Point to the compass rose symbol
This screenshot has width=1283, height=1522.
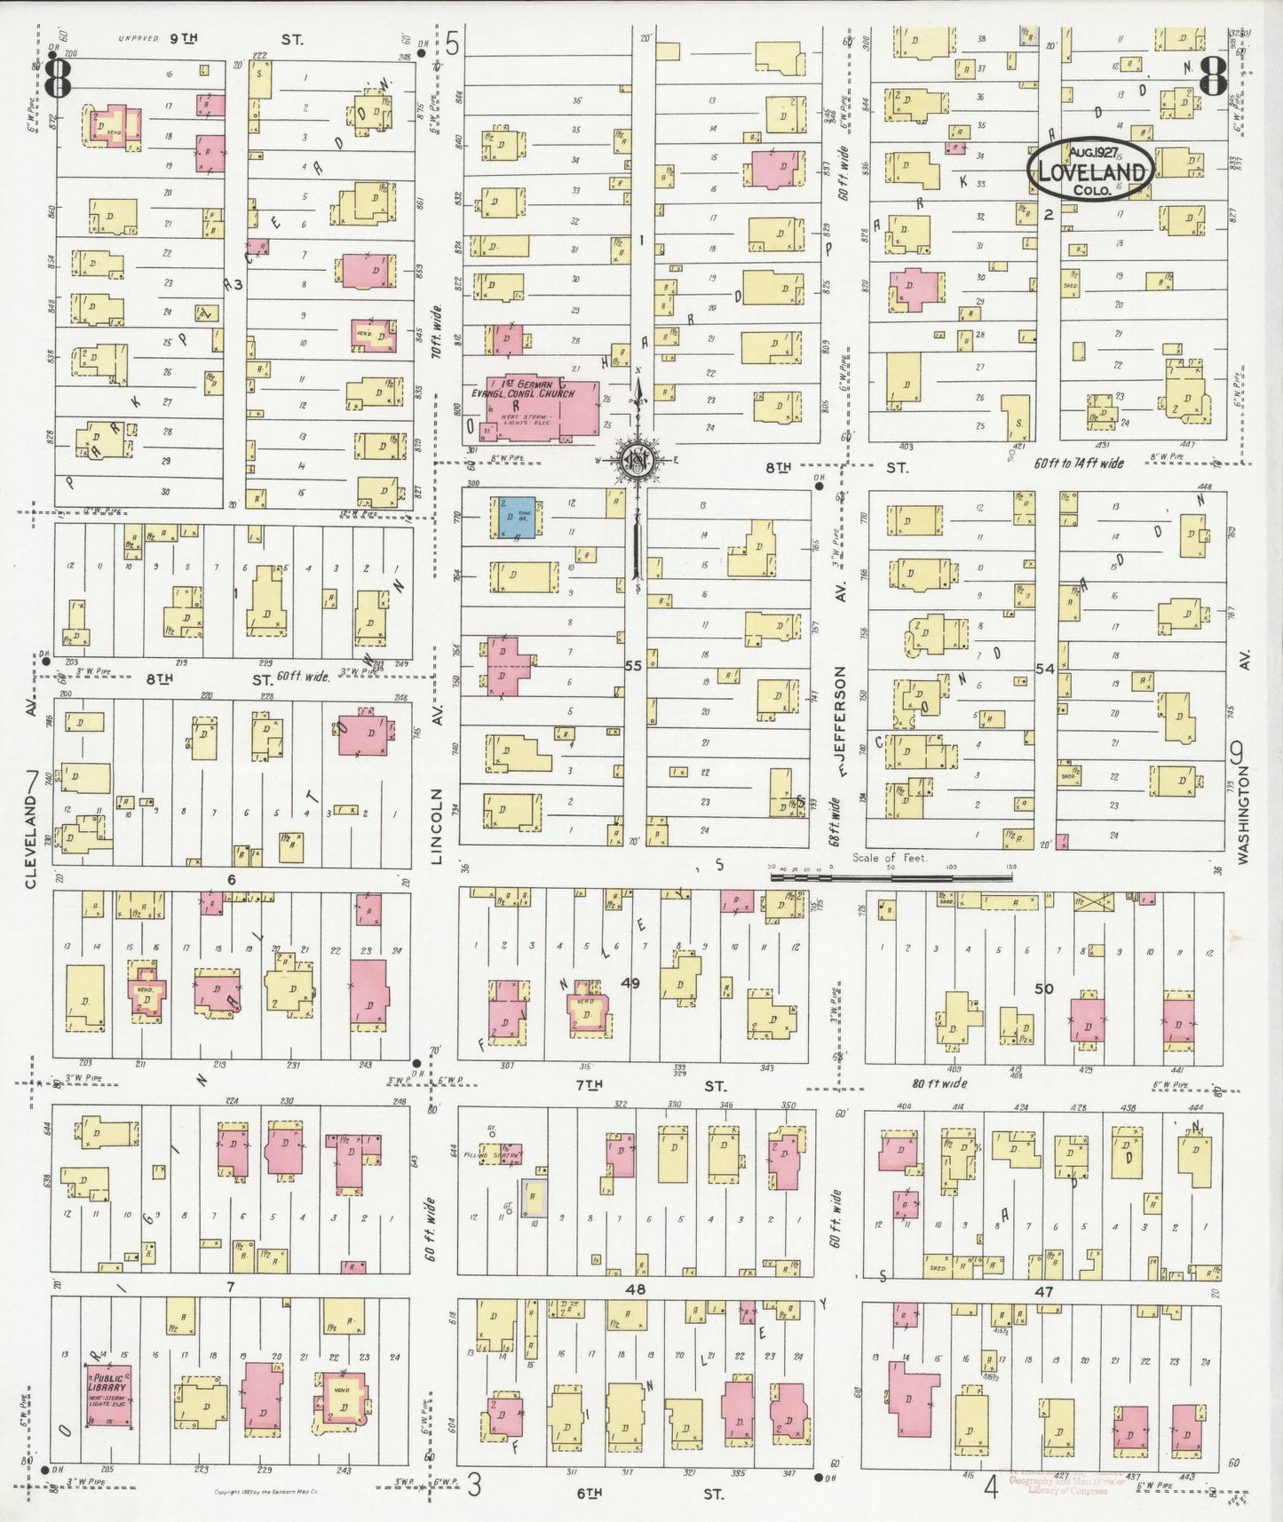(637, 458)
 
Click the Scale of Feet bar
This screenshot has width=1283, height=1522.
(891, 876)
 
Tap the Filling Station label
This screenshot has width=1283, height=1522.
(496, 1155)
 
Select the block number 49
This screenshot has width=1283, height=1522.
(630, 983)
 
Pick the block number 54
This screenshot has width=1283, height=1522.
(1044, 669)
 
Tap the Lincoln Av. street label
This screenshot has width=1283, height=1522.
(436, 826)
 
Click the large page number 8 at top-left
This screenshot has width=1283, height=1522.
(59, 78)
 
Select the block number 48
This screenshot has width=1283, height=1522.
(634, 1289)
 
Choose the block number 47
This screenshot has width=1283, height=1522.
(1043, 1292)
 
